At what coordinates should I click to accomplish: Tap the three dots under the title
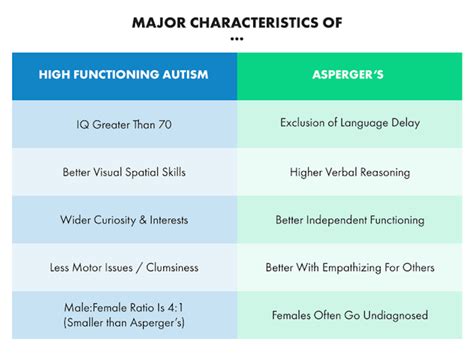pos(237,40)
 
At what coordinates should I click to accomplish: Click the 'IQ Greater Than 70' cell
pos(125,124)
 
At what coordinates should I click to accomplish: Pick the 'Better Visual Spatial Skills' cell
pos(125,172)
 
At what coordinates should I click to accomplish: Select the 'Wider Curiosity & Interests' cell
pos(125,220)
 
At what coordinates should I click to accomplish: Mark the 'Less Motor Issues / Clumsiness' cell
pos(125,268)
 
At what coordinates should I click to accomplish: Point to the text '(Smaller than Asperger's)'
pos(125,324)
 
